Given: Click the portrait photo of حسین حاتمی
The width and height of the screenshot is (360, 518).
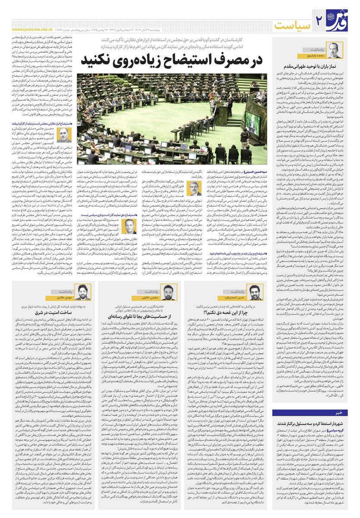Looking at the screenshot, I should click(63, 135).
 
